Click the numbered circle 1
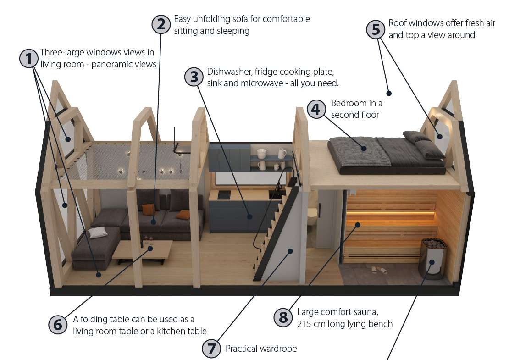click(29, 59)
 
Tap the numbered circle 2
click(161, 24)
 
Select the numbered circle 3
click(194, 77)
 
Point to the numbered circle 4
click(316, 109)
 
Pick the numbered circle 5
click(376, 29)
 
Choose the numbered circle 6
click(58, 324)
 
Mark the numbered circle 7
click(212, 349)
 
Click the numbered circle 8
click(283, 317)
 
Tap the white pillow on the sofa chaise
click(97, 232)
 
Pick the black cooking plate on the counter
click(224, 194)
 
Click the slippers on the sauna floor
click(379, 270)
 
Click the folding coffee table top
click(143, 249)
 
